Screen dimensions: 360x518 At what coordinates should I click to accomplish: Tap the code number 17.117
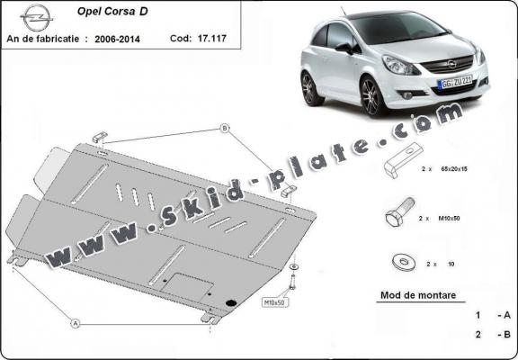pyautogui.click(x=210, y=40)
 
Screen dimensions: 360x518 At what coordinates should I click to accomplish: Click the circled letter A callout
pyautogui.click(x=76, y=322)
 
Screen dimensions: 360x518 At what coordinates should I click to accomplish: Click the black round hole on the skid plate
pyautogui.click(x=232, y=301)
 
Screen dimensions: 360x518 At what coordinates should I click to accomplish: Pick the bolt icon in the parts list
pyautogui.click(x=398, y=216)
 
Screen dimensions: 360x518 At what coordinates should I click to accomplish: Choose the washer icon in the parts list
pyautogui.click(x=399, y=263)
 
